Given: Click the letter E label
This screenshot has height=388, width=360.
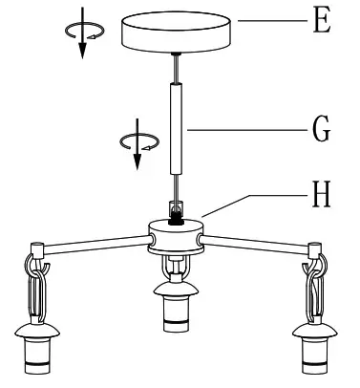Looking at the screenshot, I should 322,22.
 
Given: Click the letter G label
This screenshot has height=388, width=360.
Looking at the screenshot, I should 322,127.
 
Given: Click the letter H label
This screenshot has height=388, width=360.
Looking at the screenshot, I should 322,196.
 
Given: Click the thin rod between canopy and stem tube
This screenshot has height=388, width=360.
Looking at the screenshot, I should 175,70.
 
